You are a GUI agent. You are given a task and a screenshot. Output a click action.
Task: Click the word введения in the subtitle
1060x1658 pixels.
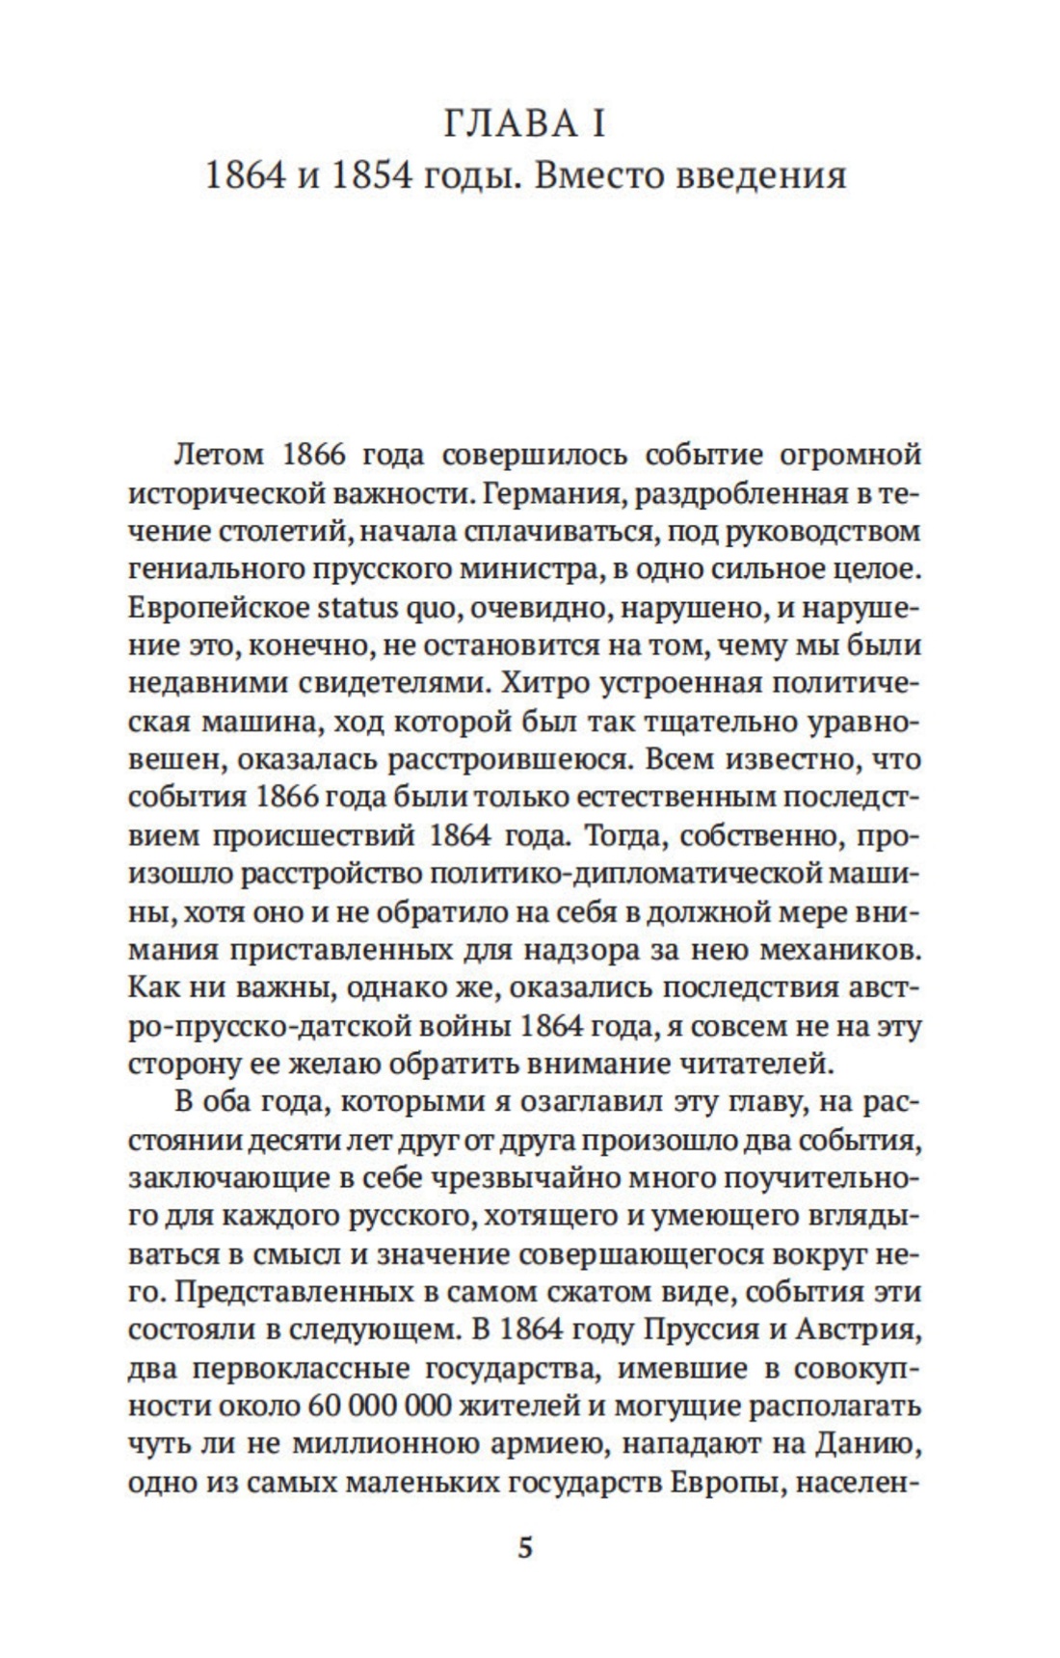(x=764, y=176)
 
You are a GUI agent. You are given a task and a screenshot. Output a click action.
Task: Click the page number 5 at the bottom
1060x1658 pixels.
(x=525, y=1549)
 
